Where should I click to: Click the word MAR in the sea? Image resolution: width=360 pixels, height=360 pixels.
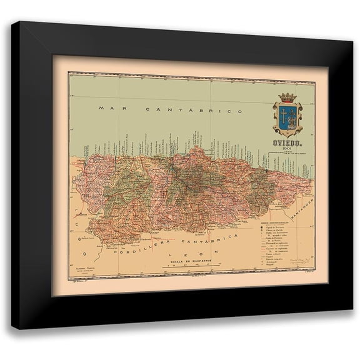tap(107, 108)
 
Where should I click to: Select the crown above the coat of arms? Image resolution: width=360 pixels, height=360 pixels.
tap(288, 97)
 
